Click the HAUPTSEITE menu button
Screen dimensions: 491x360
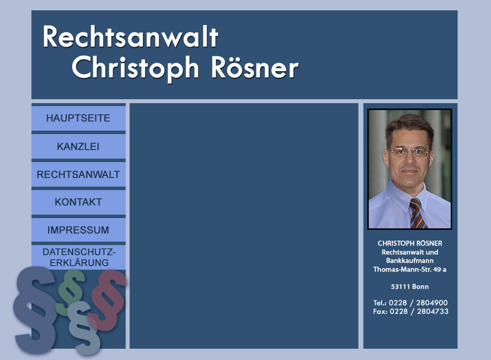78,118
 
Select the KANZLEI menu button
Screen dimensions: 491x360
78,146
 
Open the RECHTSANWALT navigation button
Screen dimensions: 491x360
78,174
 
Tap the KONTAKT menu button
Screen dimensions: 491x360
78,202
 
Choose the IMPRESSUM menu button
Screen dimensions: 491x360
78,230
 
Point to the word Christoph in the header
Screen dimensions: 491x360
136,68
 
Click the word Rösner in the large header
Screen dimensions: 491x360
255,68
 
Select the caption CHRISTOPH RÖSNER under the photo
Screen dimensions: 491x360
410,243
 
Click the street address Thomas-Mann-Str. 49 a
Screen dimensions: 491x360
410,269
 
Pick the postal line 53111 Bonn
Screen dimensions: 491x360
410,286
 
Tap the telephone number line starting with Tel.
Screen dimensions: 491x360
410,303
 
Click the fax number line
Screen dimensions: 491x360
410,311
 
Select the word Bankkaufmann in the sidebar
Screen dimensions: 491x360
410,260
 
